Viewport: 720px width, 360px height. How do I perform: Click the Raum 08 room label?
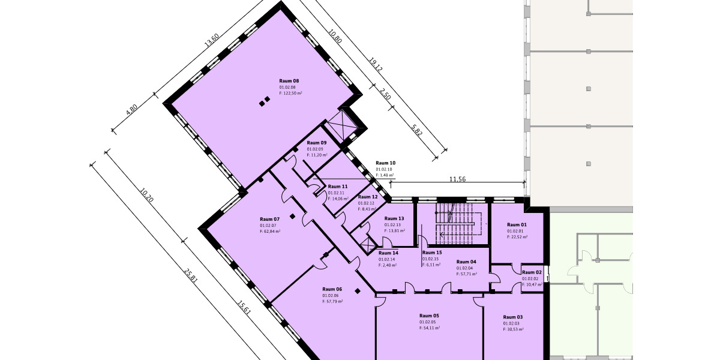(x=289, y=81)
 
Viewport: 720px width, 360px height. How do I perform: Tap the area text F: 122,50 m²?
(x=290, y=93)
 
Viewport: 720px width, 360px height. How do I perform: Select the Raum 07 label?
(x=269, y=220)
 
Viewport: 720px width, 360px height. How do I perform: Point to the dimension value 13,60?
(x=212, y=40)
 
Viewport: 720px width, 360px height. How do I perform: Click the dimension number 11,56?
(x=457, y=179)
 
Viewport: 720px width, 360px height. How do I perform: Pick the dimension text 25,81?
(x=191, y=276)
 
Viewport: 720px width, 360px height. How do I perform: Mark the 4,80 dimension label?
(x=132, y=109)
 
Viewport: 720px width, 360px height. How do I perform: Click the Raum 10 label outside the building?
(x=385, y=163)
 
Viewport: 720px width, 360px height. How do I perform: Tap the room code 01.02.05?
(x=427, y=322)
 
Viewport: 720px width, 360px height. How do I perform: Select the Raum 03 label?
(x=513, y=317)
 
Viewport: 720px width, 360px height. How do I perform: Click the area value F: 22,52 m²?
(x=517, y=237)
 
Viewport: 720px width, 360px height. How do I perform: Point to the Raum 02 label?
(x=532, y=272)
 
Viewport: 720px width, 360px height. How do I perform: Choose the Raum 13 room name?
(x=394, y=218)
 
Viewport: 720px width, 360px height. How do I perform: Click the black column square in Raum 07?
(x=292, y=217)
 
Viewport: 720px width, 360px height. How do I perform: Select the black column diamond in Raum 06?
(x=358, y=291)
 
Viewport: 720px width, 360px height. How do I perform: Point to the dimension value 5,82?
(x=416, y=130)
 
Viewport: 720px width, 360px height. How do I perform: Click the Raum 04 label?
(x=466, y=262)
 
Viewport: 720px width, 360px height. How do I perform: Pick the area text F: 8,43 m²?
(x=367, y=209)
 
